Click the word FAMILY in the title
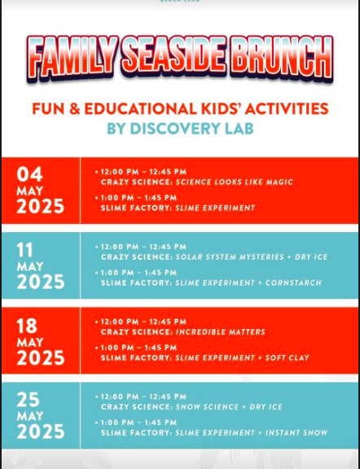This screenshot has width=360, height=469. coord(72,59)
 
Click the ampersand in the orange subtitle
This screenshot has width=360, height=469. coord(74,108)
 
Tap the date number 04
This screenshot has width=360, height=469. coord(29,174)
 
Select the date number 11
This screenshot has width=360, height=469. coord(24,250)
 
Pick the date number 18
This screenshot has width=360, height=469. coord(27,326)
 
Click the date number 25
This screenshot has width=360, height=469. coord(29,400)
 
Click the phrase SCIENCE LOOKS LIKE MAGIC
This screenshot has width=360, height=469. coord(234,182)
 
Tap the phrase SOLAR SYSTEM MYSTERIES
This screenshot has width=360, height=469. coord(230,257)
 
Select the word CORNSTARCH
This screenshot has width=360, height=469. coord(293,283)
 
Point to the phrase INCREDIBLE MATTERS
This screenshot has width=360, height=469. coord(220,331)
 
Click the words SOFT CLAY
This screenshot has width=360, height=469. coord(287,357)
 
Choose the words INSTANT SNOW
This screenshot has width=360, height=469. coord(296,432)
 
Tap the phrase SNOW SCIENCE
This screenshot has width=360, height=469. coord(207,407)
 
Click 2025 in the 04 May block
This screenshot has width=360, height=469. coord(41,206)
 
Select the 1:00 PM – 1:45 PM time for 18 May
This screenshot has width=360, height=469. coord(138,348)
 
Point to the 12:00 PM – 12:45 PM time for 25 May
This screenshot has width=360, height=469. coord(143,397)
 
